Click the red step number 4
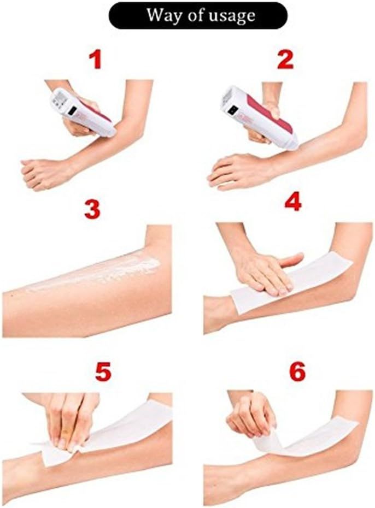point(293,202)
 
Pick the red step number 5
point(102,371)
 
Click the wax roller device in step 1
point(82,111)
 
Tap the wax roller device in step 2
point(257,116)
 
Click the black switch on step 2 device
point(233,109)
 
